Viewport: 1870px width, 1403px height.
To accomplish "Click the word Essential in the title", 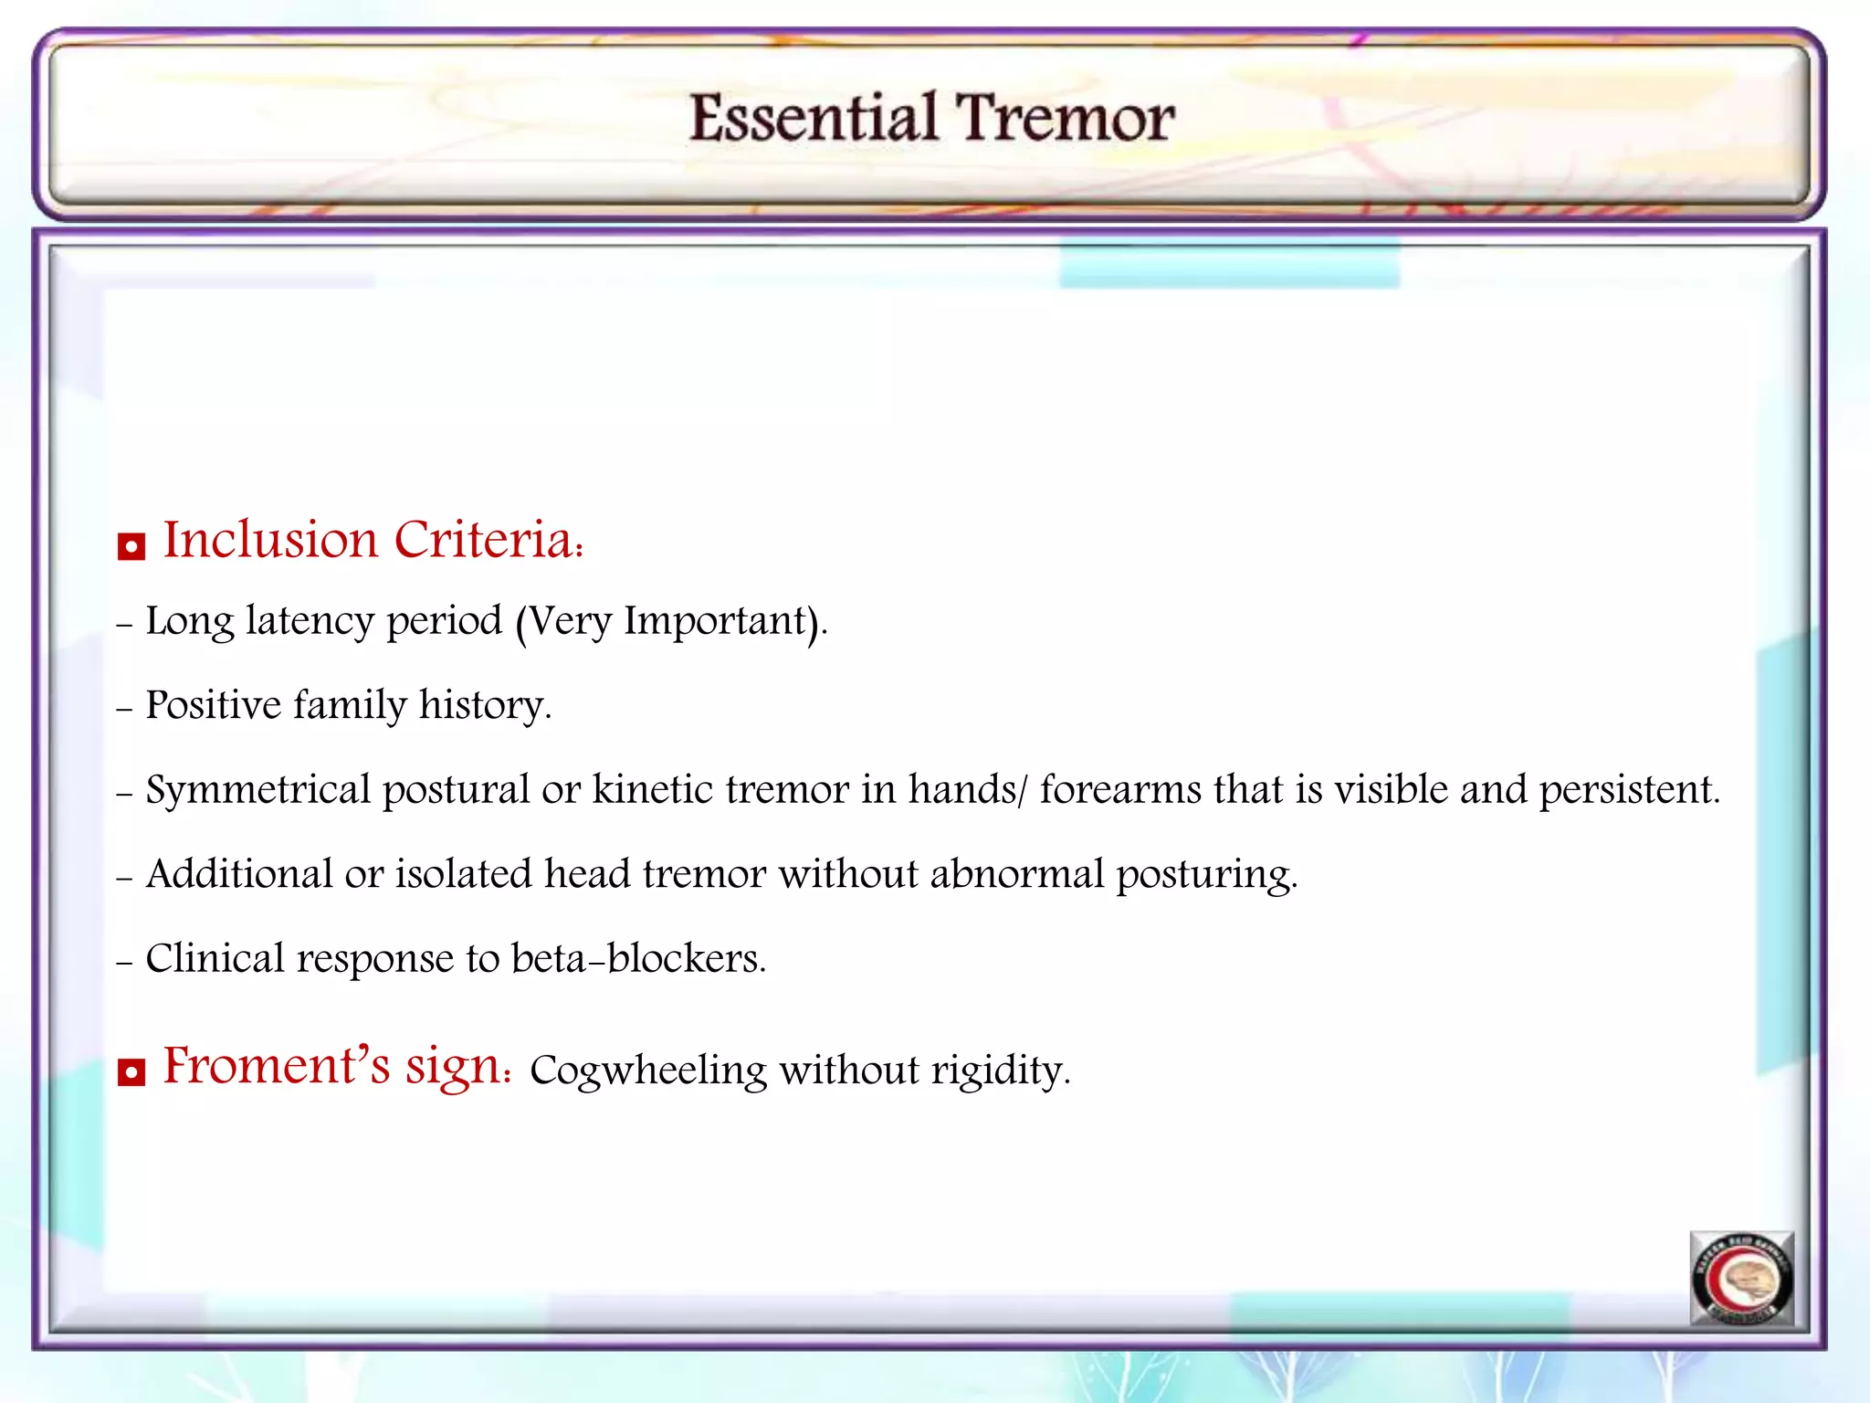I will coord(813,119).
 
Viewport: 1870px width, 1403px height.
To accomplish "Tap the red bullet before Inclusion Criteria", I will coord(131,547).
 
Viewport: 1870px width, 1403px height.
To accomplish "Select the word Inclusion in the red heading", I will coord(270,539).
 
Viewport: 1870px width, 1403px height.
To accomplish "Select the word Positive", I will coord(213,705).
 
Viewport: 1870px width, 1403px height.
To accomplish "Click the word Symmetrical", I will coord(257,790).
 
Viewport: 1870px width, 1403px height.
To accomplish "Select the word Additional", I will coord(238,874).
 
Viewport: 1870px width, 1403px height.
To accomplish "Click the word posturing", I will coord(1205,875).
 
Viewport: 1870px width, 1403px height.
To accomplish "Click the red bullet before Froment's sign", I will coord(131,1072).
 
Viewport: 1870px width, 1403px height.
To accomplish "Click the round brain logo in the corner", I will coord(1741,1279).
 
